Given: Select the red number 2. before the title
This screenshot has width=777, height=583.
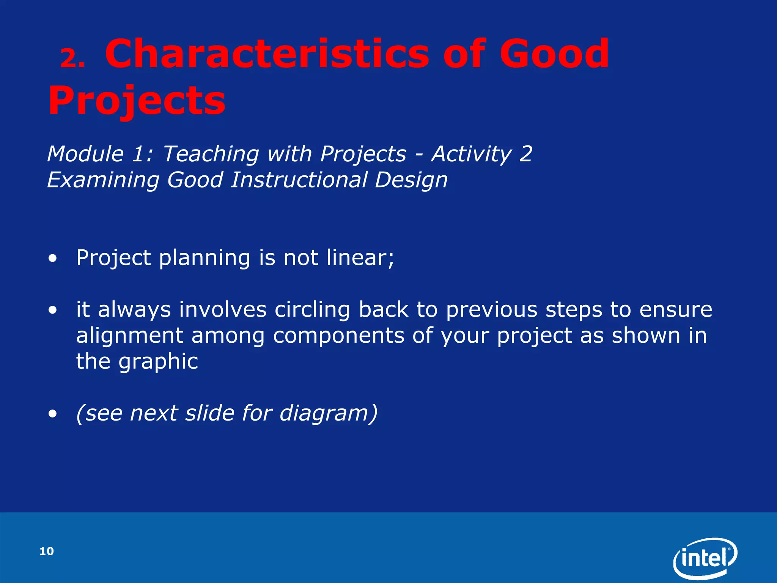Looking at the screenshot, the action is point(72,59).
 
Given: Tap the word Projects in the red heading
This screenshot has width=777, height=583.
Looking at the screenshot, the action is point(137,101).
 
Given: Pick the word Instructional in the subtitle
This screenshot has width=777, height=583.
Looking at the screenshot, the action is point(299,180).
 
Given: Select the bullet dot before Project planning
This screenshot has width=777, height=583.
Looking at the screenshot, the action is point(53,259).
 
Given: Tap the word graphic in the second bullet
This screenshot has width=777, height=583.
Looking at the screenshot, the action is point(158,362).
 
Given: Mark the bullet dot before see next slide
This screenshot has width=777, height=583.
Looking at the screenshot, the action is point(53,414).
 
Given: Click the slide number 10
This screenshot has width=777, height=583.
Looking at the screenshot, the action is point(47,551).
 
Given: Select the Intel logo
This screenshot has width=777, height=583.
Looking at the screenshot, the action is point(705,558).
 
